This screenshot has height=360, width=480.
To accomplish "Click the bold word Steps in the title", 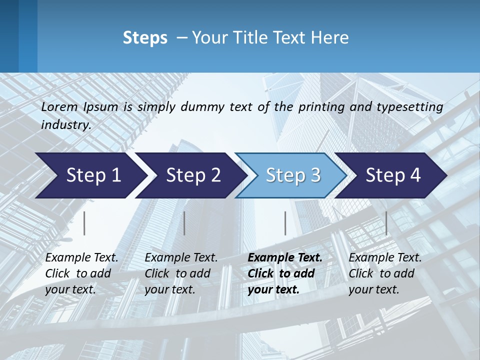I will click(x=145, y=38).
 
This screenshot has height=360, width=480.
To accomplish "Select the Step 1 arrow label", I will click(x=93, y=175).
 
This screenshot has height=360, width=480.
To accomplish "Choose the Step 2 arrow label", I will click(x=193, y=175).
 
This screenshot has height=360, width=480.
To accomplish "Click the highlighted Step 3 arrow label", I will click(x=293, y=175).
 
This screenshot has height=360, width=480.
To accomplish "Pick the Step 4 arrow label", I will click(x=393, y=175).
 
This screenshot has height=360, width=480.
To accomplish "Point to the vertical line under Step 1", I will click(x=84, y=223).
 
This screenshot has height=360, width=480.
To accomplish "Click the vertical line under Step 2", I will click(x=184, y=223).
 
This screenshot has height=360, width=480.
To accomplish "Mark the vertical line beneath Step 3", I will click(x=285, y=223).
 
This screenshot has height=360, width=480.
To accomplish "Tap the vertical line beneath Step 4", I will click(x=386, y=223).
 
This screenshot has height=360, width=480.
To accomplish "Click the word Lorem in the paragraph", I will click(x=59, y=107).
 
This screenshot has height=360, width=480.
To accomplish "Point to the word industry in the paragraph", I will click(x=65, y=124).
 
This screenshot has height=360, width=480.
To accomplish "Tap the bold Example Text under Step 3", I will click(x=285, y=257).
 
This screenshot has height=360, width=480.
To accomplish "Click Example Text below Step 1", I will click(x=81, y=257).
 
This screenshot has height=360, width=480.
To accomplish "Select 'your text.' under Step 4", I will click(x=374, y=289).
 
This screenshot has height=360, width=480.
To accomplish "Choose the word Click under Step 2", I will click(x=157, y=273).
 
